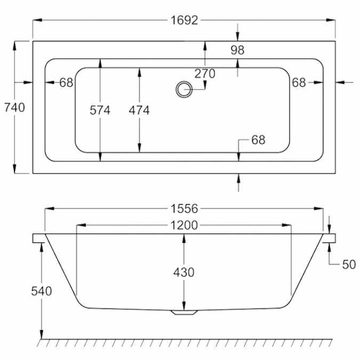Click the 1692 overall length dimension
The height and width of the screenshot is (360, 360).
(184, 20)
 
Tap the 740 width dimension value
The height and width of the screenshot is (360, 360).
(14, 107)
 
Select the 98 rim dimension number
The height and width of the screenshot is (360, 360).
(237, 50)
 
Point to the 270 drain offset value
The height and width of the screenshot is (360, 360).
(205, 74)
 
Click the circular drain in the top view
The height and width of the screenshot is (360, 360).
(184, 89)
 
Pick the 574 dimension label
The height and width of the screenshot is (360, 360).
(100, 110)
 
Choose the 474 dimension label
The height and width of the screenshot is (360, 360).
(139, 110)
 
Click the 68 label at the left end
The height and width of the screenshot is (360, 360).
(66, 83)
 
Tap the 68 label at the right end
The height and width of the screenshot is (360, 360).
(299, 83)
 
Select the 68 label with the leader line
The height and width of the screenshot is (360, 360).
(258, 140)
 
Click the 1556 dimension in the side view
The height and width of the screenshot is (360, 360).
(184, 209)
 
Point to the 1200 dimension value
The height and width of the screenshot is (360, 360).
(184, 225)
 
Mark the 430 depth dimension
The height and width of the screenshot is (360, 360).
(183, 273)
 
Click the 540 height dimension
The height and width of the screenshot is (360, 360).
(41, 291)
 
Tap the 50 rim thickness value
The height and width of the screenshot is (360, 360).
(349, 265)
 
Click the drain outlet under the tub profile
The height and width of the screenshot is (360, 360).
(184, 312)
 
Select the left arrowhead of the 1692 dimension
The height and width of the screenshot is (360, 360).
(37, 20)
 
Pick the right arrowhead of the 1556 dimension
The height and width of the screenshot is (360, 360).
(319, 209)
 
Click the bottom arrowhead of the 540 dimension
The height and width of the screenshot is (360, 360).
(42, 334)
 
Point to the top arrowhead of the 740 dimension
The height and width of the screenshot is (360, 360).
(15, 46)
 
